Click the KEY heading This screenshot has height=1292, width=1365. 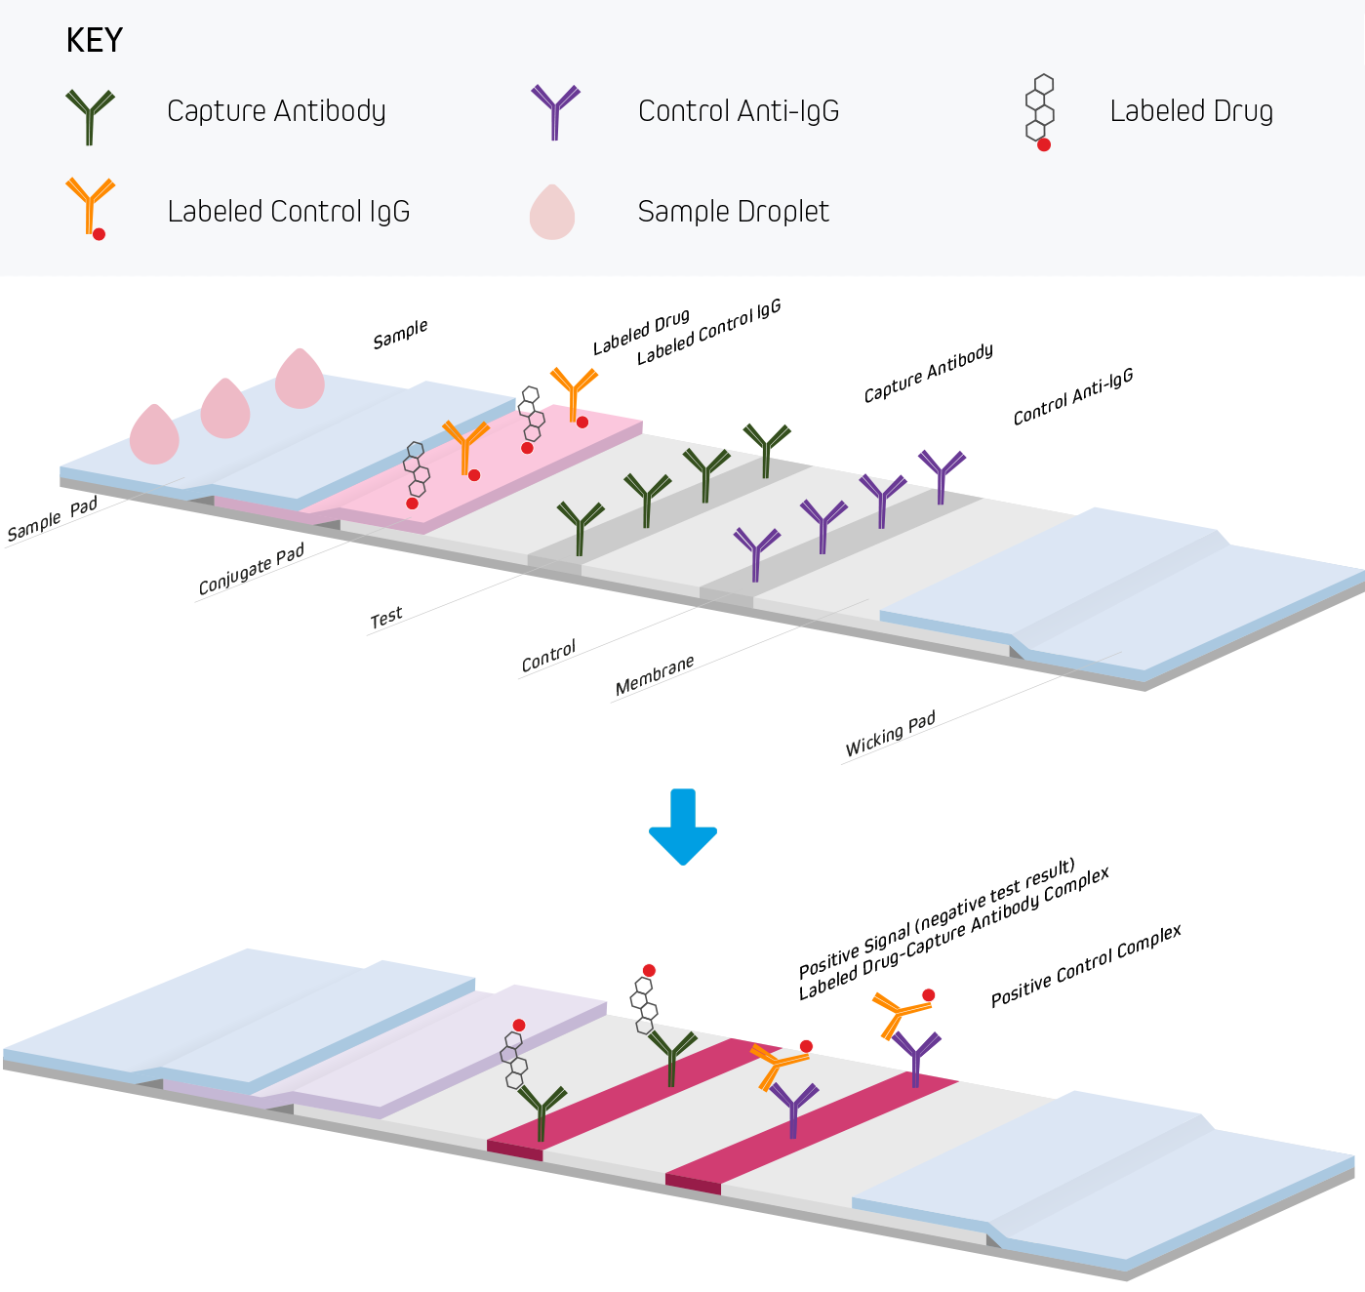[x=94, y=40]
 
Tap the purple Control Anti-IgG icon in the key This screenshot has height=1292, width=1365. [x=555, y=111]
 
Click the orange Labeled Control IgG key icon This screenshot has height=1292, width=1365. [x=91, y=208]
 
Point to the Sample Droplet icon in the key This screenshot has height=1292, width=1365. [x=552, y=213]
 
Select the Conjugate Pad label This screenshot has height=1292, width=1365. [x=251, y=570]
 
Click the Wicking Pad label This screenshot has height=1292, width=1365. [x=890, y=734]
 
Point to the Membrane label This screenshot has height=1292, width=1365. [x=655, y=675]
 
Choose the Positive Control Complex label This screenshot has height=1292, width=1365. [x=1086, y=966]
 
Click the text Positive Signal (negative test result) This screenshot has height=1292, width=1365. [x=936, y=918]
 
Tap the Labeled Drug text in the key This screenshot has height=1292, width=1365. [x=1190, y=111]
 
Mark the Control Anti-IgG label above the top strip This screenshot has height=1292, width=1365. [x=1072, y=397]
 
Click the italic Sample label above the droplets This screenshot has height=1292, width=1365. [x=400, y=334]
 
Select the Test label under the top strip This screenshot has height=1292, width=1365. [x=386, y=618]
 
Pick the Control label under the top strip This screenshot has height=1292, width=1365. [x=548, y=656]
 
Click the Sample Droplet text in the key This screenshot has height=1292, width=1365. [x=733, y=212]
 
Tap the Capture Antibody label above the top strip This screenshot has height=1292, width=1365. [x=928, y=373]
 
